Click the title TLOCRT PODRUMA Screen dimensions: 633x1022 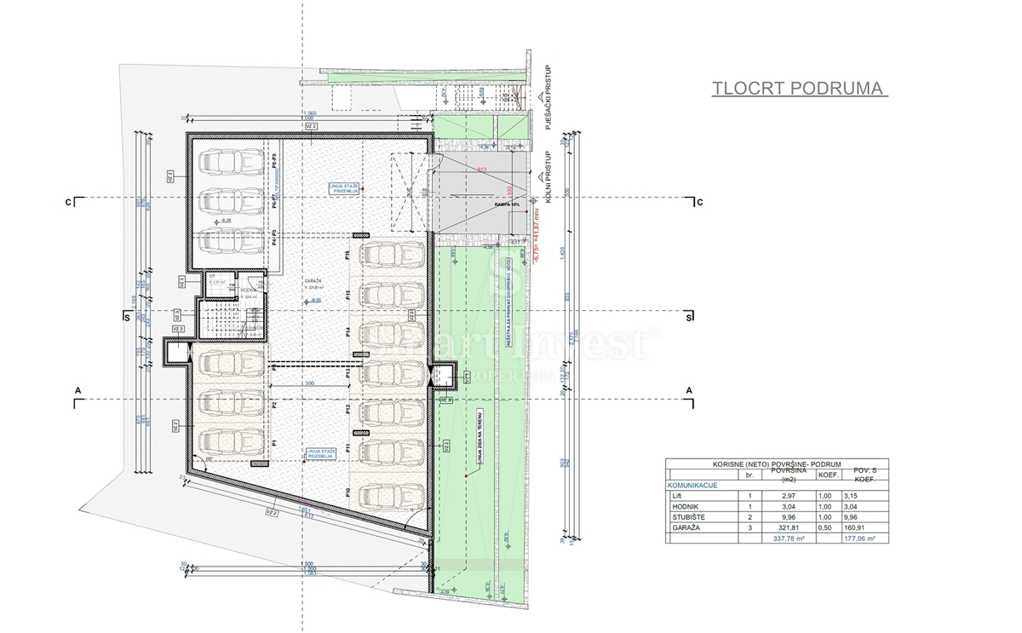coord(798,88)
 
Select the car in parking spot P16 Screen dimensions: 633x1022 coord(393,254)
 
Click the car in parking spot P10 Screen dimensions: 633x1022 coord(393,492)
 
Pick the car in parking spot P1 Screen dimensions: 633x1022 coord(229,441)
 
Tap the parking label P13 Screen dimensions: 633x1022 coord(349,373)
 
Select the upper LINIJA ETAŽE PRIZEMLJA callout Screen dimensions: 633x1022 coord(344,188)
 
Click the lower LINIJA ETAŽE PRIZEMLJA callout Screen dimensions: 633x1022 coord(321,452)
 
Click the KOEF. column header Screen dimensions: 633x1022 coord(828,475)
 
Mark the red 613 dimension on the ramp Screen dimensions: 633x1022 coord(481,170)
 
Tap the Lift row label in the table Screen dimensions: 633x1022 coord(677,495)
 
